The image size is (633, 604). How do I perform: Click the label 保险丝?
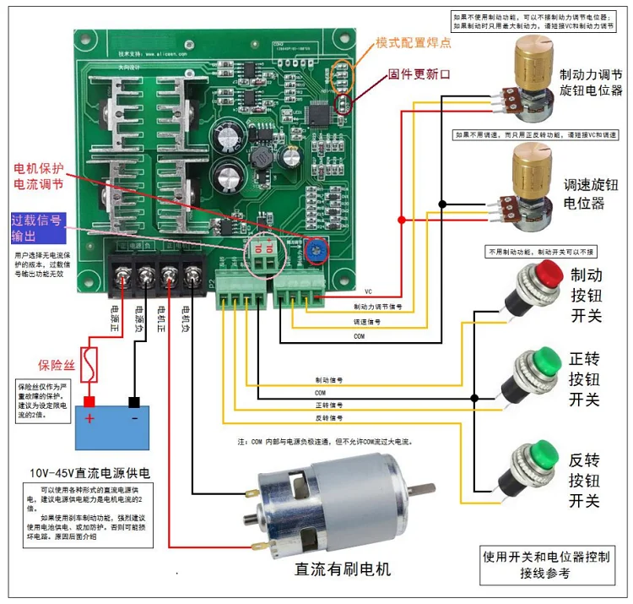pyautogui.click(x=55, y=366)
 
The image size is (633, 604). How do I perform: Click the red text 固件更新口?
pyautogui.click(x=419, y=73)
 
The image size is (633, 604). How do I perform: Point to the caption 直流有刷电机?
pyautogui.click(x=342, y=569)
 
